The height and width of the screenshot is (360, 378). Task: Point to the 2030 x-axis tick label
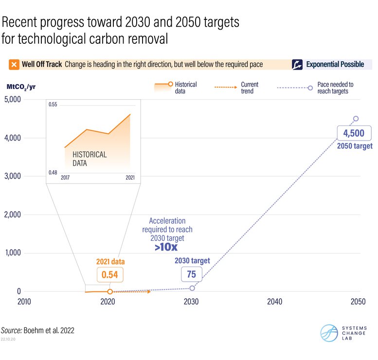(x=191, y=302)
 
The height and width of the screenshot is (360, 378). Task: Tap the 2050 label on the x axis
(x=358, y=302)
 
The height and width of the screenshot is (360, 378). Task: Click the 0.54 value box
(x=110, y=274)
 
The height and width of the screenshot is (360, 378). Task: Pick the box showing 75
(x=191, y=274)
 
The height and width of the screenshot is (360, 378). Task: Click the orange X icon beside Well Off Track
(x=14, y=64)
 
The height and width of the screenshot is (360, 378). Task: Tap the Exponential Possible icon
(x=297, y=64)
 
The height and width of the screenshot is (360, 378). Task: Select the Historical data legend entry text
(x=186, y=88)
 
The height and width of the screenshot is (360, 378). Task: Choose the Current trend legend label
(x=250, y=88)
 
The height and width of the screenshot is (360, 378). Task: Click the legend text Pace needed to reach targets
(x=335, y=88)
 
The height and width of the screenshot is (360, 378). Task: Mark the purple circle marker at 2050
(x=356, y=119)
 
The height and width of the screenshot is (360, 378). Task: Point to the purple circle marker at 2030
(x=192, y=288)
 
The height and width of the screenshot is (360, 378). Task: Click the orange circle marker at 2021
(x=110, y=291)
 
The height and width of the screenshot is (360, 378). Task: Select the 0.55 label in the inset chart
(x=53, y=105)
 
